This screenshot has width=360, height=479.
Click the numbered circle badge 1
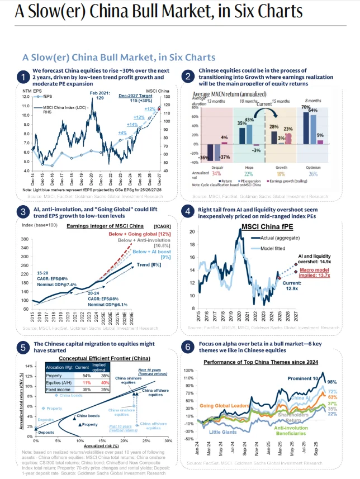point(24,77)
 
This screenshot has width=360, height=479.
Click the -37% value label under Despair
point(225,157)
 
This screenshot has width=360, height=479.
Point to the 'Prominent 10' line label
point(305,379)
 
